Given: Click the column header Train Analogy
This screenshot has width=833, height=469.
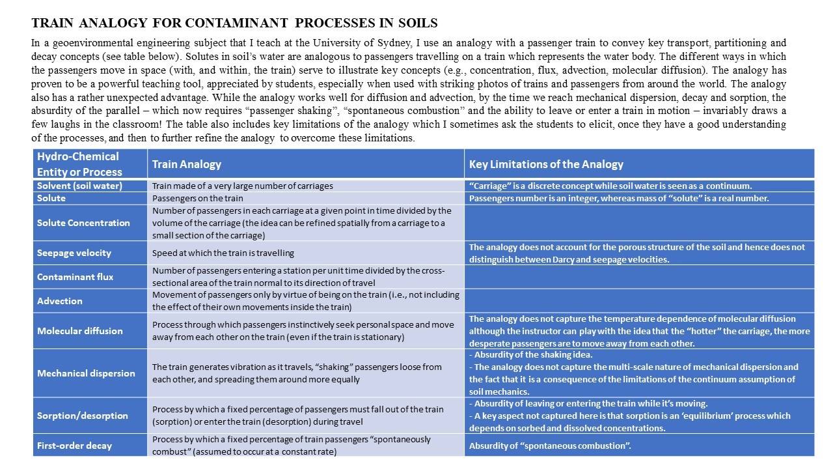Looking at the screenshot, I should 187,164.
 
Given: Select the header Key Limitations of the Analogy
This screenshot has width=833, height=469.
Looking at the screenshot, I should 546,164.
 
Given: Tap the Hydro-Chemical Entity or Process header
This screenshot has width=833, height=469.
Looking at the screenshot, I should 79,164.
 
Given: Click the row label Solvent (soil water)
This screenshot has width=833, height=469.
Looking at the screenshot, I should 80,186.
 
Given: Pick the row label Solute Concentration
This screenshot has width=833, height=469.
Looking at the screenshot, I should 83,223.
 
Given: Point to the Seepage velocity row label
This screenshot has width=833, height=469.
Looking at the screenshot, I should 74,253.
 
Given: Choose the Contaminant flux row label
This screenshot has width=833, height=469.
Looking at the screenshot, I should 75,277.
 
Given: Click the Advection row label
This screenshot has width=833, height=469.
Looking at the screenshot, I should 60,301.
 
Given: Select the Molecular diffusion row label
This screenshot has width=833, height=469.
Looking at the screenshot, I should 80,331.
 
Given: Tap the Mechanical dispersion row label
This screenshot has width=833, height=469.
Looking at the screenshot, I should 86,373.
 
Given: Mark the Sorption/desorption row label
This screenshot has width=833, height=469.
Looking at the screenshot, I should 83,416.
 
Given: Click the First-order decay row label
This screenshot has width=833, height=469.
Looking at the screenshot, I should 75,446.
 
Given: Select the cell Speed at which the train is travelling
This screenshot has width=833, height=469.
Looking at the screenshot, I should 223,253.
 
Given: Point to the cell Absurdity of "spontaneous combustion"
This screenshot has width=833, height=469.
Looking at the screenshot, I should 550,446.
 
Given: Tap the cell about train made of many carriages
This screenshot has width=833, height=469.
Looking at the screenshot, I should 242,186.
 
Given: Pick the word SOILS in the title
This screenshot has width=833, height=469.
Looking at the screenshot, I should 416,23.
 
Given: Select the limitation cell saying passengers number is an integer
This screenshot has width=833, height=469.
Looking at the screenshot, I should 619,198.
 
